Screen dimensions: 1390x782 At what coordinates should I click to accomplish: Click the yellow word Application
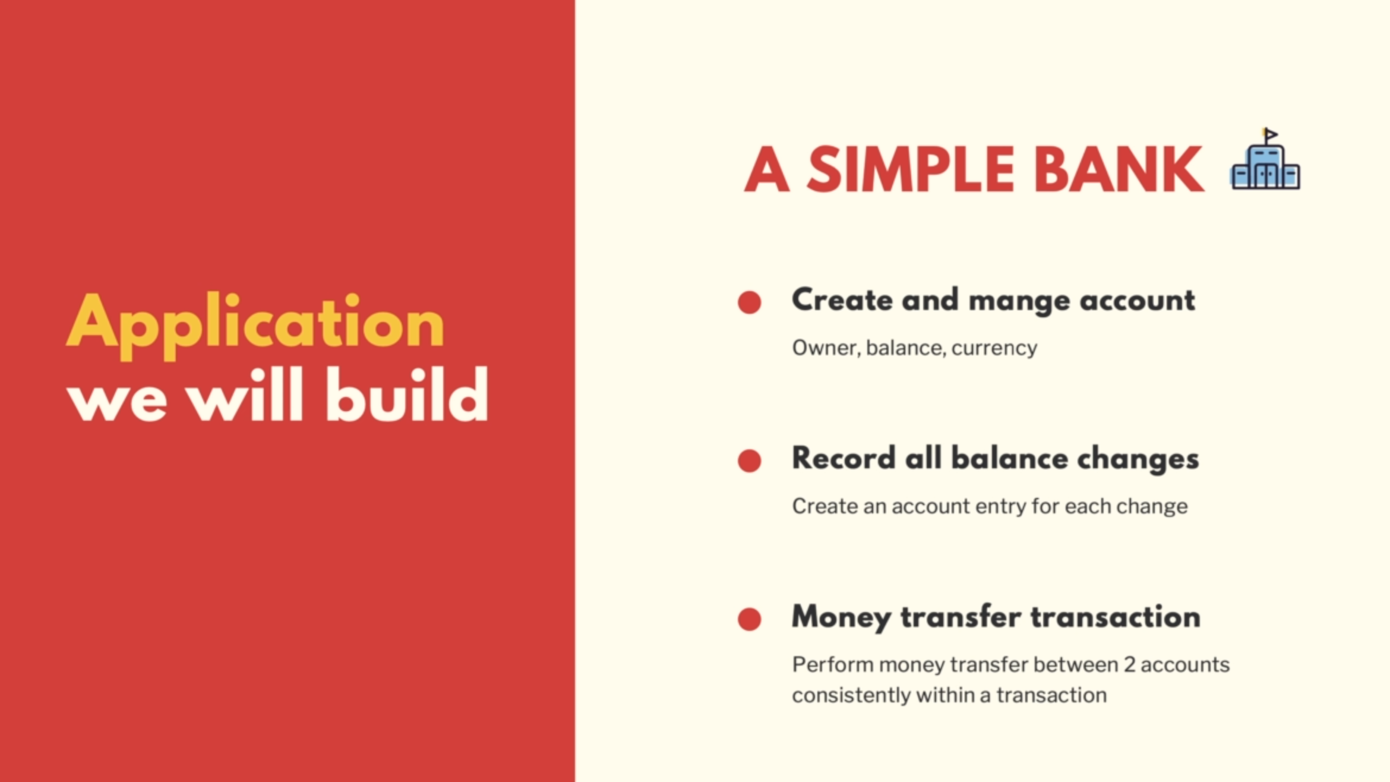pyautogui.click(x=255, y=326)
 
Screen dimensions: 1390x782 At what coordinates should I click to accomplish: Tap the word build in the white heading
pyautogui.click(x=407, y=394)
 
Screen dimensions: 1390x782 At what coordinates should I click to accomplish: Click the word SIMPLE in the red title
pyautogui.click(x=911, y=170)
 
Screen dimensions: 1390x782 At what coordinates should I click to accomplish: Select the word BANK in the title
pyautogui.click(x=1119, y=170)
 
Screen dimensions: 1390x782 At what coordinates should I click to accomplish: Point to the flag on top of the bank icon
pyautogui.click(x=1270, y=135)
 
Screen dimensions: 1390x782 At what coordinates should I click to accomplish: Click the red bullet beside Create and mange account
pyautogui.click(x=749, y=302)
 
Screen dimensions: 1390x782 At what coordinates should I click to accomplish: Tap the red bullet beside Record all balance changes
pyautogui.click(x=749, y=461)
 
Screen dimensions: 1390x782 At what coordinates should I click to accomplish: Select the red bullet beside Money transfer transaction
pyautogui.click(x=749, y=619)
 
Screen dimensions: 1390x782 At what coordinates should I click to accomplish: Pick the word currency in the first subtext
pyautogui.click(x=994, y=348)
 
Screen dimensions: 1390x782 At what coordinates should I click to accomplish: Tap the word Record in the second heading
pyautogui.click(x=844, y=458)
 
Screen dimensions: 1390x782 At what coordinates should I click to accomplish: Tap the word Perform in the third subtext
pyautogui.click(x=833, y=664)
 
